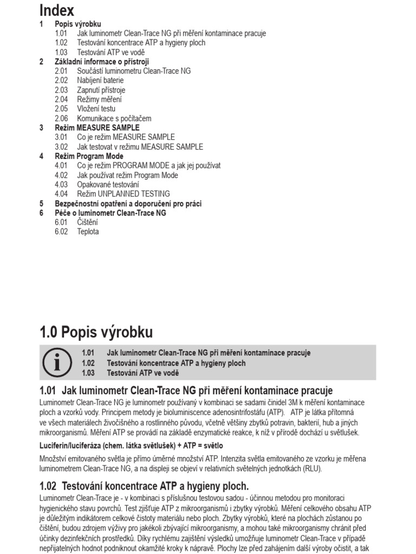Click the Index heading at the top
pos(57,10)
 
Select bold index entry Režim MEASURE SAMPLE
pos(96,128)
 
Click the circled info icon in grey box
pos(57,363)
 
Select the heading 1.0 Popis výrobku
pos(96,332)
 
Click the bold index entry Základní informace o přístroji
pos(101,62)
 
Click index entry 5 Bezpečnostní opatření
pos(128,203)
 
